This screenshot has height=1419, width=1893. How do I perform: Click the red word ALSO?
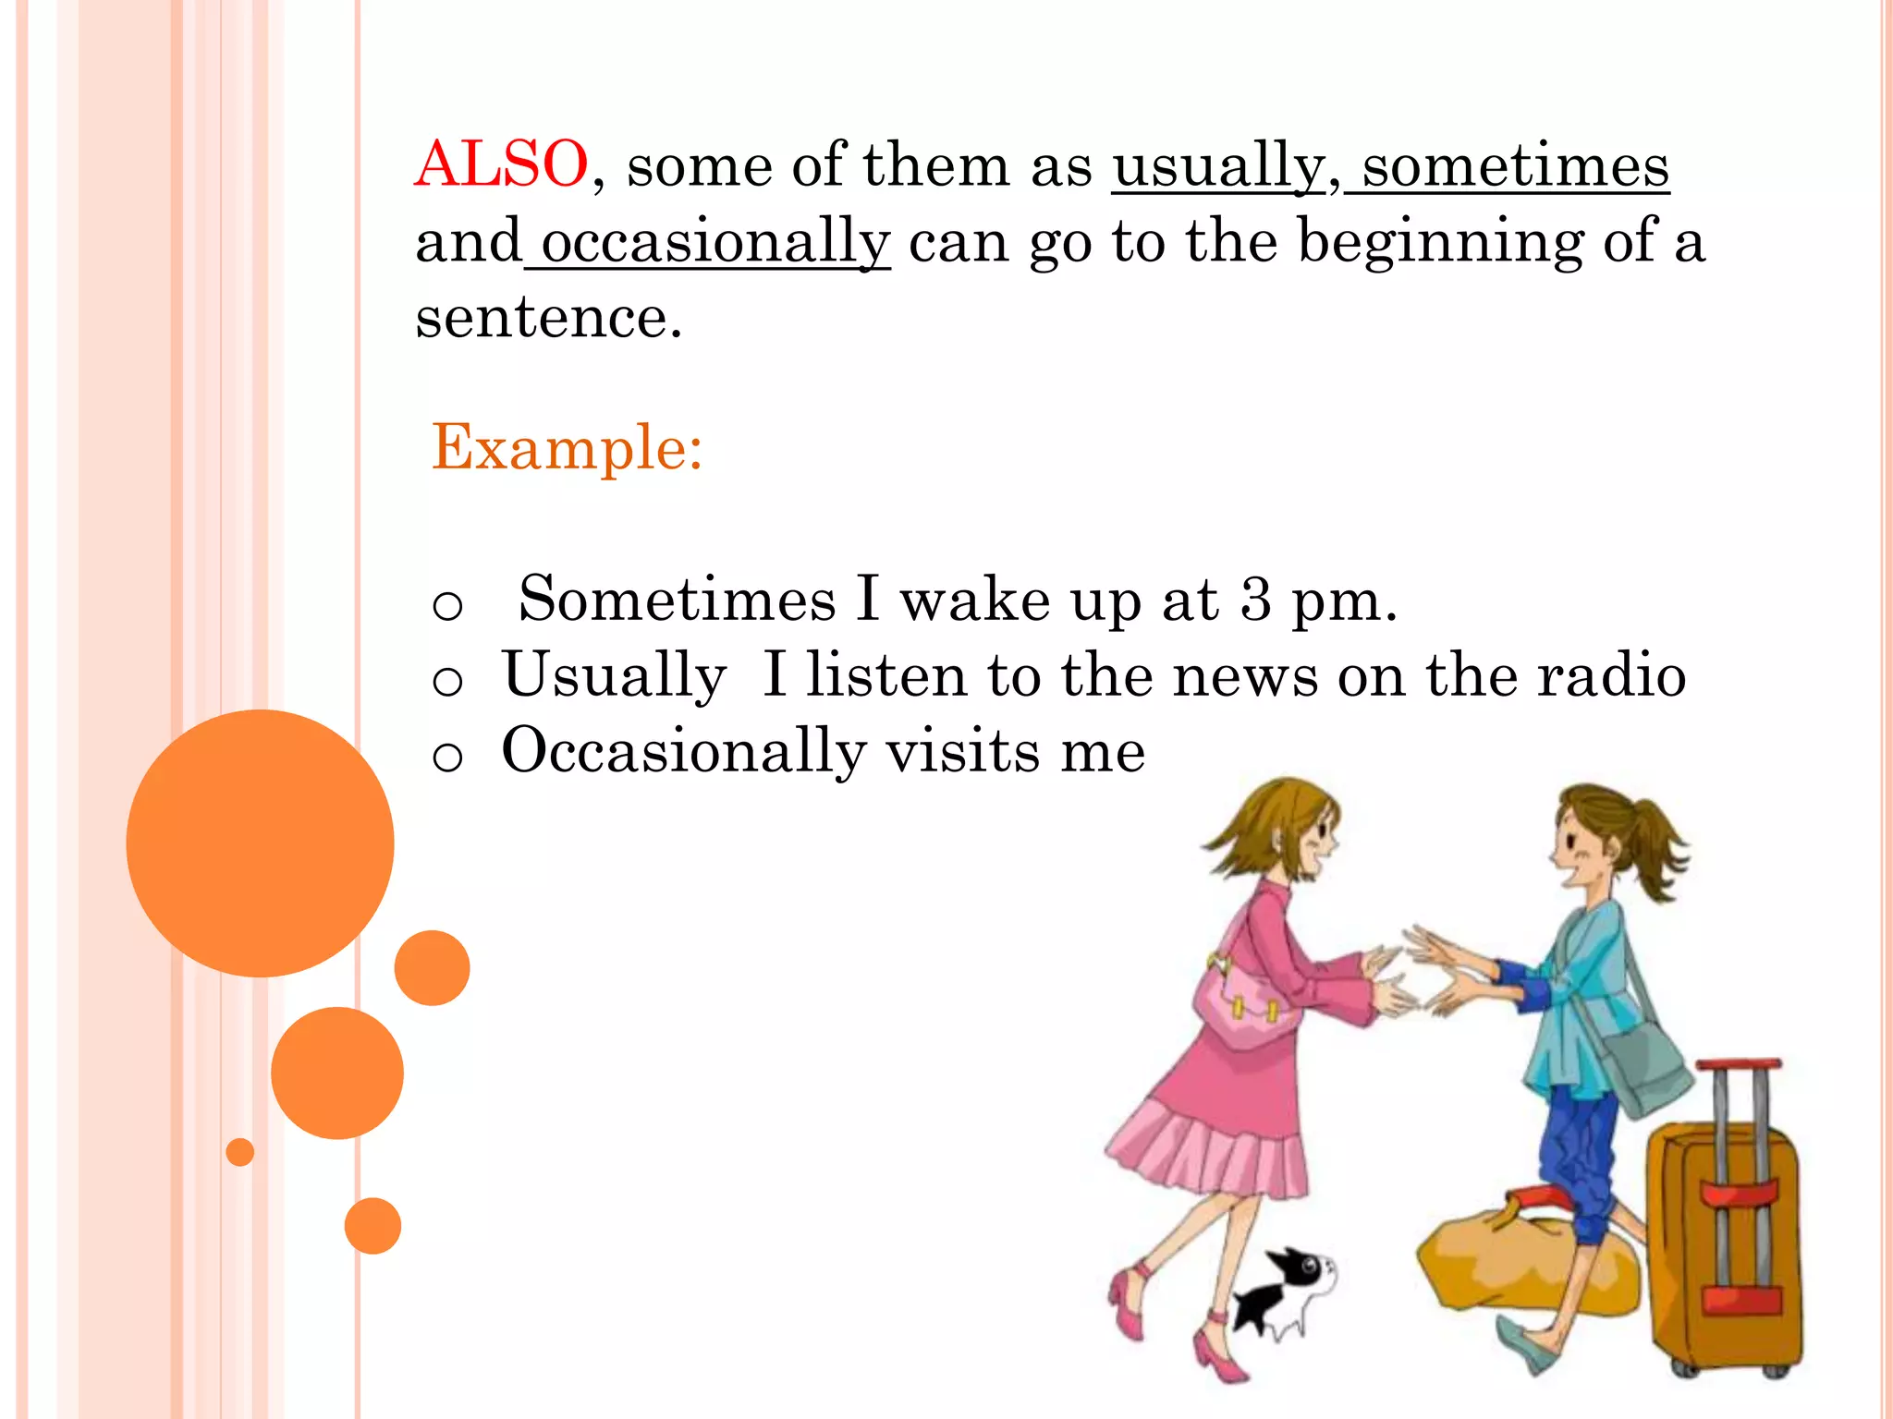[x=500, y=164]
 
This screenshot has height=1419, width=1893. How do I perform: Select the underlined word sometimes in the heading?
[x=1515, y=166]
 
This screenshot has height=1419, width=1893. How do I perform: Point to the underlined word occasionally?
[x=714, y=242]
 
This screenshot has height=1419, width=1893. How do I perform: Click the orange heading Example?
[x=567, y=448]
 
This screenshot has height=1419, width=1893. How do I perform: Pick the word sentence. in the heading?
[x=548, y=318]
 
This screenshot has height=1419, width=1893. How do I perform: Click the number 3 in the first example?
[x=1255, y=599]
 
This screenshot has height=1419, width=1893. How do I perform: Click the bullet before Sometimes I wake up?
[x=447, y=606]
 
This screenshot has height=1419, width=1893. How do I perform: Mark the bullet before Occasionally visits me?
[x=447, y=758]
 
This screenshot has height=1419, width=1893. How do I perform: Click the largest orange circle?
[x=260, y=843]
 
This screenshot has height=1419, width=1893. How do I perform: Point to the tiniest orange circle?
[x=239, y=1152]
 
